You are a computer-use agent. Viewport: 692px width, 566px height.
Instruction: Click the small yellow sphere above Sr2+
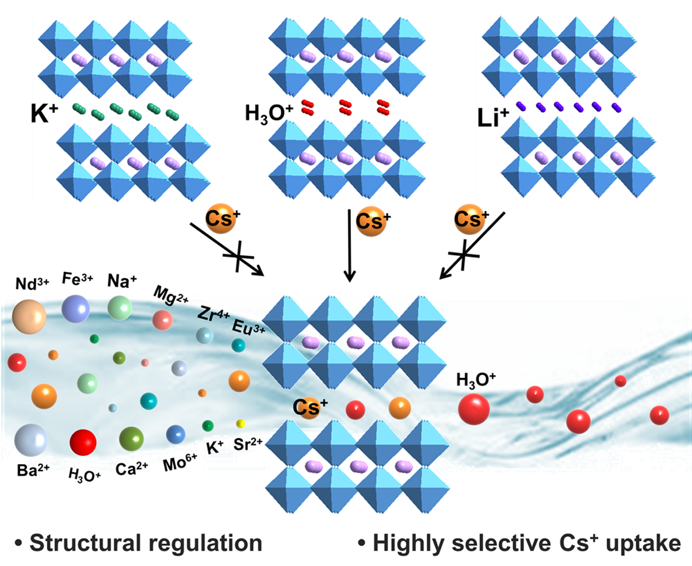pyautogui.click(x=240, y=424)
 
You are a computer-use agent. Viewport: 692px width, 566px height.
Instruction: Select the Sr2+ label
pyautogui.click(x=247, y=443)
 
